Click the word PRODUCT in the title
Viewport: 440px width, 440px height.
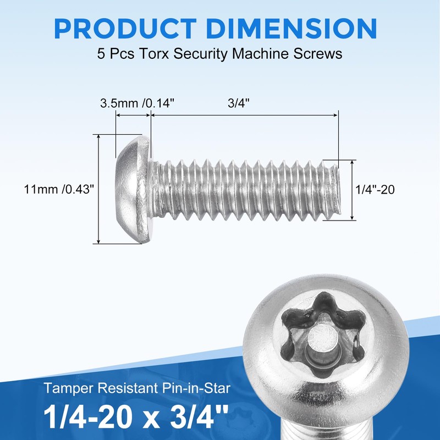tap(125, 29)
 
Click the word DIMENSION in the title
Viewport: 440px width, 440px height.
tap(292, 29)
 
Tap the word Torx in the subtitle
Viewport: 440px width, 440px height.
tap(153, 53)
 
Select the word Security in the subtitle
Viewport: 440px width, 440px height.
tap(200, 54)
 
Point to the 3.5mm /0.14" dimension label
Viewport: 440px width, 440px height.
tap(137, 103)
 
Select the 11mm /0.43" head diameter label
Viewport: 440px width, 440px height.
tap(59, 189)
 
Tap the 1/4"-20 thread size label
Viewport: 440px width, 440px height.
tap(375, 190)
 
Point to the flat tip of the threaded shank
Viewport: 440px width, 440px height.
tap(338, 190)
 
